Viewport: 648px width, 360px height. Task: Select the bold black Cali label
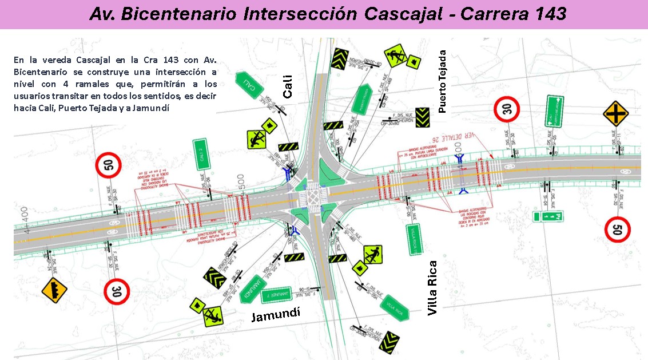(287, 86)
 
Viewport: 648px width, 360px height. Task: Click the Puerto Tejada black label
(442, 81)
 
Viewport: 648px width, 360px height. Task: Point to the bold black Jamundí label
(276, 314)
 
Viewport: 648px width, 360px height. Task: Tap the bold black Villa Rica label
(432, 287)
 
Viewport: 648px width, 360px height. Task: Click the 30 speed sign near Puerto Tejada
(507, 109)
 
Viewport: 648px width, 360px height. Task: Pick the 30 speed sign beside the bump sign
(117, 291)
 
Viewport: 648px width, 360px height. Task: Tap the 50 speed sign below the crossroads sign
(618, 230)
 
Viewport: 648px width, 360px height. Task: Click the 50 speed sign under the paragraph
(108, 166)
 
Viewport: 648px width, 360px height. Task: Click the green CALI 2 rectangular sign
(200, 154)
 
